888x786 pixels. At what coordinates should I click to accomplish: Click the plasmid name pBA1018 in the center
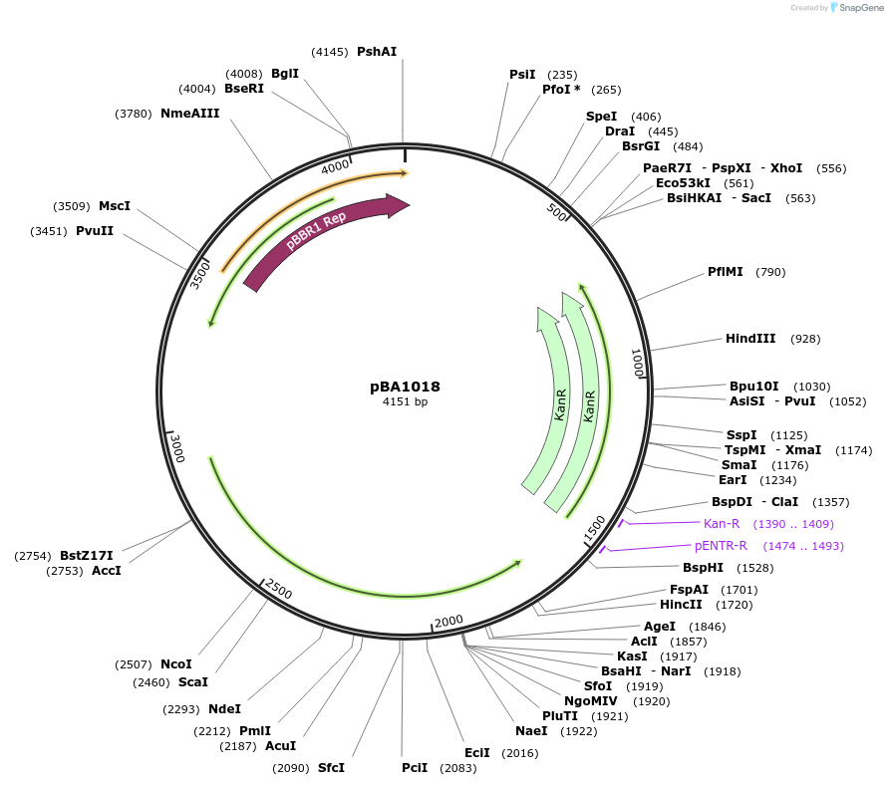pos(405,387)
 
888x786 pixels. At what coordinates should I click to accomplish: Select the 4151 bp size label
pos(405,401)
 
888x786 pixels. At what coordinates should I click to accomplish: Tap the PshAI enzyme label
pos(377,51)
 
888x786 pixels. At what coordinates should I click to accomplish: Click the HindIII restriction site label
pos(750,339)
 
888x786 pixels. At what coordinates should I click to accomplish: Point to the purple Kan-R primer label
pos(722,523)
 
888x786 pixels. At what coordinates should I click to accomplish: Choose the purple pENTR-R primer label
pos(721,545)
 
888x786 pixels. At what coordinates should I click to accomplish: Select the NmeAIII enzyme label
pos(189,113)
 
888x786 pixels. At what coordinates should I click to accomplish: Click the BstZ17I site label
pos(87,555)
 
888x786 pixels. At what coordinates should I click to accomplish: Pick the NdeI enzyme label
pos(225,708)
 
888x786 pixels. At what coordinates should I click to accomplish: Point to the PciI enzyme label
pos(415,767)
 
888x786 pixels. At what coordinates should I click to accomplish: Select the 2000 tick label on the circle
pos(448,621)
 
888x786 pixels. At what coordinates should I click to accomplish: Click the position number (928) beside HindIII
pos(805,339)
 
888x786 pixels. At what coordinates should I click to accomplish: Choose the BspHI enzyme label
pos(703,567)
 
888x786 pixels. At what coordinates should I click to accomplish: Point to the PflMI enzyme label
pos(726,271)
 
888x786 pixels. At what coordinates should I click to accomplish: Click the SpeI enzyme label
pos(601,117)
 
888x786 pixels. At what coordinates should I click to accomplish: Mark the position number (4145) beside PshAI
pos(329,51)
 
